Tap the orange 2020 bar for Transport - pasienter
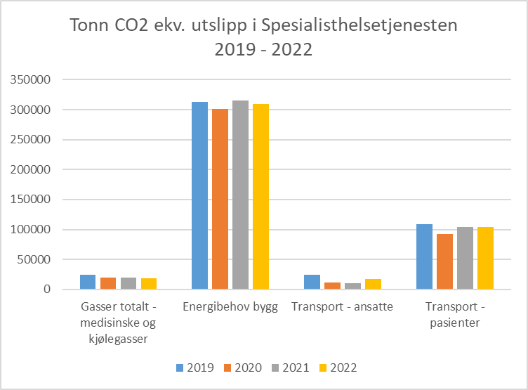point(444,261)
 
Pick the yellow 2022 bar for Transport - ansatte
point(373,284)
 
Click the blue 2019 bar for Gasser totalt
point(88,282)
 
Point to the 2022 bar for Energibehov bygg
point(261,197)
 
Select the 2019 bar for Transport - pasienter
point(424,256)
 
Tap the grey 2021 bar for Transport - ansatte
point(352,286)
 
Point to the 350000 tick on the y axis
point(30,80)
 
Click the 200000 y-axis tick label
point(30,169)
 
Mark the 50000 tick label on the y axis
point(33,259)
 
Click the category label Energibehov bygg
point(230,307)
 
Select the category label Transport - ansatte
point(343,307)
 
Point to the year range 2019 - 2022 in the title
point(263,51)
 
